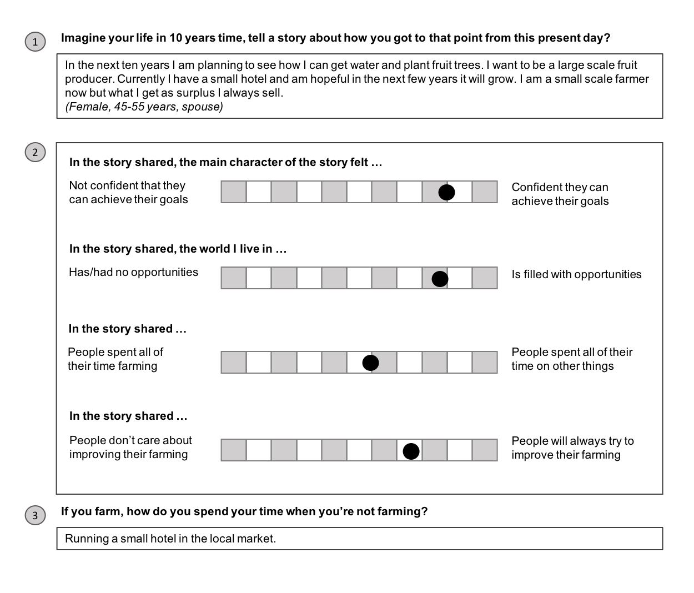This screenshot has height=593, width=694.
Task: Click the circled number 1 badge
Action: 35,42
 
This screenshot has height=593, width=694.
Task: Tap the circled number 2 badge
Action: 35,153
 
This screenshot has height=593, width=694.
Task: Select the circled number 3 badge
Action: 35,516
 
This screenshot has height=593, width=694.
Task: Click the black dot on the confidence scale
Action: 446,192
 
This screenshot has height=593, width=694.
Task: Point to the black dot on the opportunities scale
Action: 440,279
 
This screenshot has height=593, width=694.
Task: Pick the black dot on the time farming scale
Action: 370,363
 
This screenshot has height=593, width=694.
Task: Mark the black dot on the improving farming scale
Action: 411,451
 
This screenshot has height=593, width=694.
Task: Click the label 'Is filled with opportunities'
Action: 576,274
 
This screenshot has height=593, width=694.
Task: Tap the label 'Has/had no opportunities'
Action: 133,272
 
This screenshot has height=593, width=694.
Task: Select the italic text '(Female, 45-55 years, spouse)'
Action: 144,107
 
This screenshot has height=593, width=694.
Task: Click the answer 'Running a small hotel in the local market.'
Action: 170,539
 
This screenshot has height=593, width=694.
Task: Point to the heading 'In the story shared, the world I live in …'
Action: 178,249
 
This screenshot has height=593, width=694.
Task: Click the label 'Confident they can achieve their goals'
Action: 560,194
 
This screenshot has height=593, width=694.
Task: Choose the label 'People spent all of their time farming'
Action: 115,359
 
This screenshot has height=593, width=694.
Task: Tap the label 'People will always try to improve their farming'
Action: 572,448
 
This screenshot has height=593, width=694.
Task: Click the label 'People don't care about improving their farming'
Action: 130,447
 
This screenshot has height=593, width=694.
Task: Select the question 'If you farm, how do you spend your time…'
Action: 244,511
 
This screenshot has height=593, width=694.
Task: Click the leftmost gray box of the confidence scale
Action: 234,192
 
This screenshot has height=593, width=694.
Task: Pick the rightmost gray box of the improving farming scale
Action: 485,450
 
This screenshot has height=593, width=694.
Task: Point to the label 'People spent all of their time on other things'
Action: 572,359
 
